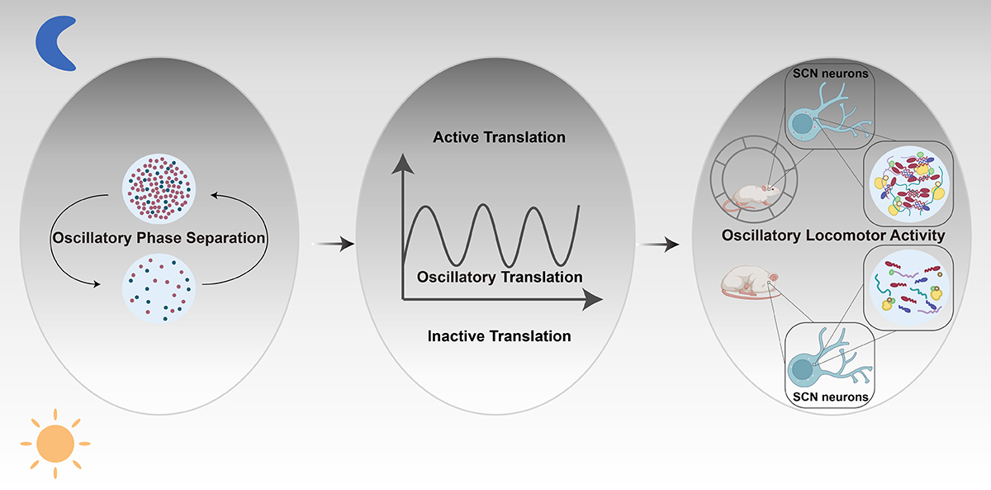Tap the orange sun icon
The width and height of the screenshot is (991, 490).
pos(55,444)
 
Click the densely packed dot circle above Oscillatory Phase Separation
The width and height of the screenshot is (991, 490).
pos(159,189)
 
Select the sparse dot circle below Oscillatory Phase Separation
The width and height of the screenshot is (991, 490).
pos(159,287)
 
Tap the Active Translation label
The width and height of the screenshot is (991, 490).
pos(499,137)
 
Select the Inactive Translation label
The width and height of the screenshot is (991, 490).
pos(499,336)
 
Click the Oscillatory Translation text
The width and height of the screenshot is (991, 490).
pos(500,277)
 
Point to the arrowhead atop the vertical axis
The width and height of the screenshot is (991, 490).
pos(401,163)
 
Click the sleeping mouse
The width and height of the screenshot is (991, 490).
pos(745,282)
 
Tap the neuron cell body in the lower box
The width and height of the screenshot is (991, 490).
pos(804,366)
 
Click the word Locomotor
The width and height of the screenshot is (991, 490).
pos(848,236)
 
